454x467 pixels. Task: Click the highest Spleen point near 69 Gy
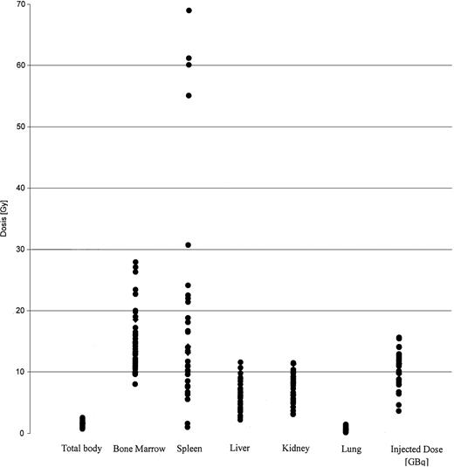click(x=189, y=10)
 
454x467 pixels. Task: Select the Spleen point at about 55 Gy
click(x=189, y=95)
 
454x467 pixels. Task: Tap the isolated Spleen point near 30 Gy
click(x=189, y=245)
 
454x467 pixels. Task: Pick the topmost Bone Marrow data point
click(x=135, y=262)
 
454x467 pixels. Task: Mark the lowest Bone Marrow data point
click(x=135, y=384)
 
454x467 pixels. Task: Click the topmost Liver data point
click(x=240, y=362)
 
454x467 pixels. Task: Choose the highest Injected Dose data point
click(x=399, y=338)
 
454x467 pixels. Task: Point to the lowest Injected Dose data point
click(x=399, y=410)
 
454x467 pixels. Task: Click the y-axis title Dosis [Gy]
click(x=6, y=219)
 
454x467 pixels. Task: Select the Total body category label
click(x=82, y=450)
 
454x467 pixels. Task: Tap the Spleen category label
click(x=189, y=450)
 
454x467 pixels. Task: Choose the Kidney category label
click(x=294, y=450)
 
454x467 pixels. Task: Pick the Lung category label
click(x=346, y=450)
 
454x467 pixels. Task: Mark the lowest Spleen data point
click(x=189, y=427)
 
